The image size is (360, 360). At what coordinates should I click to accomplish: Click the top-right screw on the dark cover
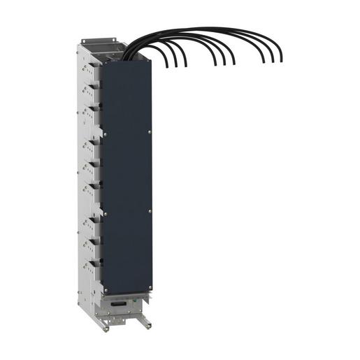(150, 131)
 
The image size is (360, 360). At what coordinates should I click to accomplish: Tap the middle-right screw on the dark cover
(150, 209)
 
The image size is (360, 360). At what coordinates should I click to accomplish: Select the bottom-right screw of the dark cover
(150, 285)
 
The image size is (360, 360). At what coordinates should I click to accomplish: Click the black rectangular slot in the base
(120, 302)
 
